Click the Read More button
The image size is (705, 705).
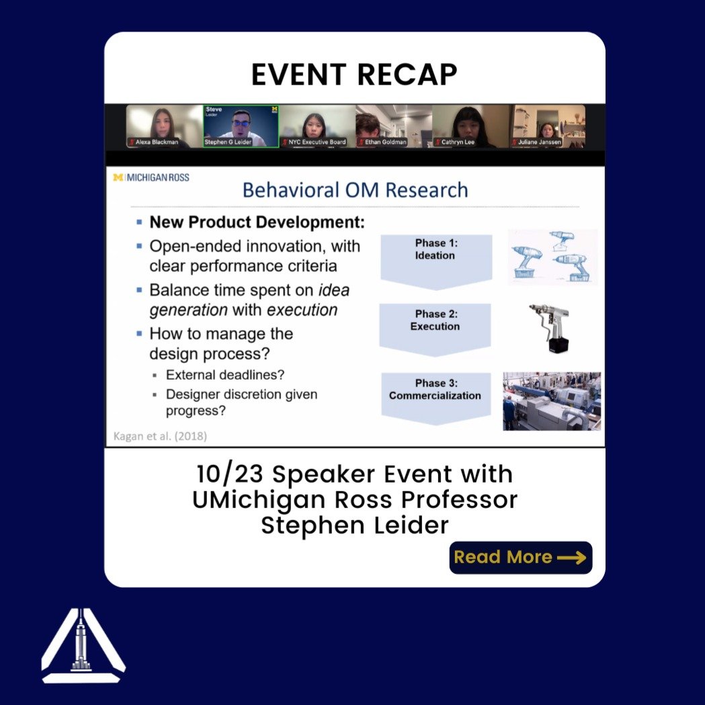click(x=520, y=557)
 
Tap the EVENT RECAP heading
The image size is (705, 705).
click(x=354, y=75)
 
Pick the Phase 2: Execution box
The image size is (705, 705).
click(x=436, y=328)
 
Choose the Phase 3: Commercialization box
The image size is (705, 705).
click(x=435, y=397)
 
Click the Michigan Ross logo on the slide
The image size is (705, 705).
click(x=151, y=177)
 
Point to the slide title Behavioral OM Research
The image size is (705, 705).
click(x=355, y=190)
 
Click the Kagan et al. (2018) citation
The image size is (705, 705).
click(x=159, y=436)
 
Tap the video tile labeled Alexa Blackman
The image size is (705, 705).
click(x=164, y=126)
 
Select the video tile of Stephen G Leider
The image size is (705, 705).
click(x=241, y=126)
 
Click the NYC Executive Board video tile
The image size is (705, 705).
click(x=317, y=126)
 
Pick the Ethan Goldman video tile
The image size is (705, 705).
click(x=393, y=126)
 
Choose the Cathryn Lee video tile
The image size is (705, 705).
click(x=470, y=126)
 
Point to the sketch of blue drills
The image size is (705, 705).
click(x=552, y=257)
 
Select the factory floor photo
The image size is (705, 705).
click(x=552, y=401)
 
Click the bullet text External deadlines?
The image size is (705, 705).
click(x=224, y=375)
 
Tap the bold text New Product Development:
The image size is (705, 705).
click(x=257, y=222)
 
